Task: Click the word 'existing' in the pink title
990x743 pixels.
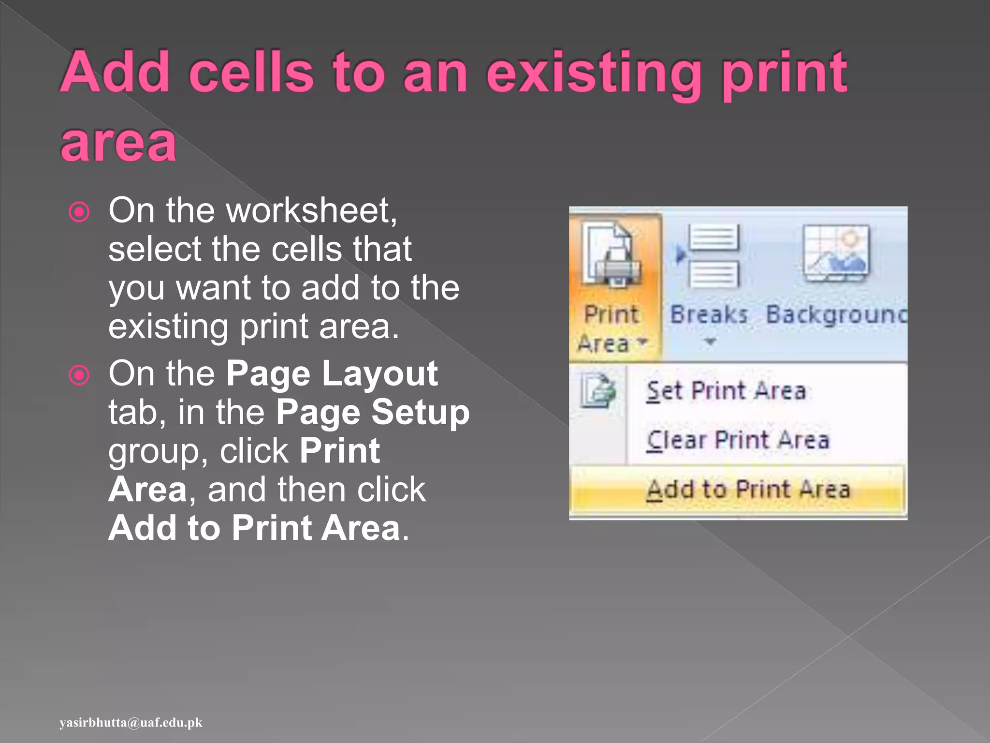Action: pos(594,74)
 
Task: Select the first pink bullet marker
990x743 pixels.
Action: pos(79,212)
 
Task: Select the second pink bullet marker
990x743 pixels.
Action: pos(79,375)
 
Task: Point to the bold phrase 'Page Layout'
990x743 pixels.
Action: pos(332,374)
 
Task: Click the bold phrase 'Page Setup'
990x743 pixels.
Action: pos(373,413)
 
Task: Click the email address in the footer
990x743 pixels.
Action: pos(131,723)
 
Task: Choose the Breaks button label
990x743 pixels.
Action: pos(709,315)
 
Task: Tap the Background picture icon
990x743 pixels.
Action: pos(836,253)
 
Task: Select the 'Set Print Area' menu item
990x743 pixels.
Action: pos(726,391)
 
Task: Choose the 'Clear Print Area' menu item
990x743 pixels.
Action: pos(738,440)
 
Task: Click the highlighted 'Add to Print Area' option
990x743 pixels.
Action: pos(748,489)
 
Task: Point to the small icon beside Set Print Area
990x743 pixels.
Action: pos(598,390)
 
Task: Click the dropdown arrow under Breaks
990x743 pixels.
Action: pos(710,342)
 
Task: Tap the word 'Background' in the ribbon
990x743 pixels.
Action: pos(837,315)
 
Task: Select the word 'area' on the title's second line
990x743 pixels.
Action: pos(118,143)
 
